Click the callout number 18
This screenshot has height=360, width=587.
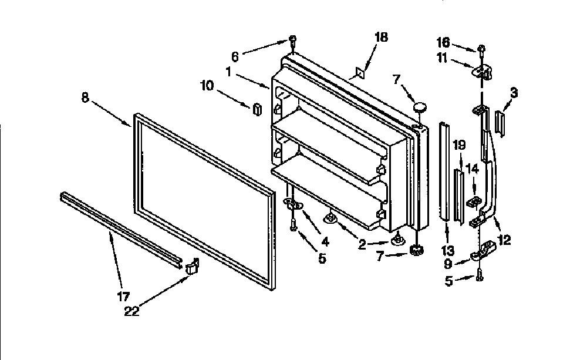[x=381, y=37]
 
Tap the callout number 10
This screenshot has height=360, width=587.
[x=207, y=85]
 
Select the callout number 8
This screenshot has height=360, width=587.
[x=85, y=97]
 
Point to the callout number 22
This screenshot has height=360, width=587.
[x=131, y=311]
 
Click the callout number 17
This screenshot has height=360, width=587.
[x=123, y=297]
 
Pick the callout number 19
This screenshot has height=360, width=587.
[x=459, y=145]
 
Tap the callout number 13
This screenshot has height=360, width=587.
[x=447, y=250]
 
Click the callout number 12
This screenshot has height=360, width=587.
[x=504, y=240]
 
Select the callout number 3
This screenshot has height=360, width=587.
[x=514, y=93]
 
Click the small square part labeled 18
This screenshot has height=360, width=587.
[x=360, y=73]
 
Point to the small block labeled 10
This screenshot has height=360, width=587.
[x=257, y=109]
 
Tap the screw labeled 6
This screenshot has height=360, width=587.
[x=293, y=42]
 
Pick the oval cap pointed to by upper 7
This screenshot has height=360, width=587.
[x=420, y=107]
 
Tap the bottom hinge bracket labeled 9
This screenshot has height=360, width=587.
[x=483, y=250]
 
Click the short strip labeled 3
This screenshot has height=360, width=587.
[x=500, y=122]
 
